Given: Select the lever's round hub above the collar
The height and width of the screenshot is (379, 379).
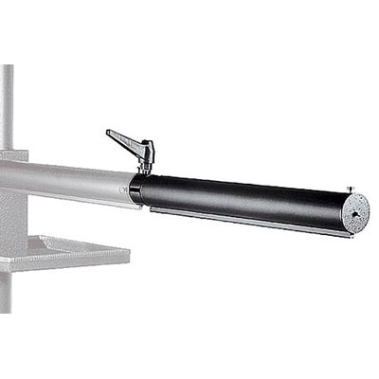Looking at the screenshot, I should [x=144, y=149].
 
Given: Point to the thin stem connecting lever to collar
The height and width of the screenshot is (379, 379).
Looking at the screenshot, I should [x=145, y=163].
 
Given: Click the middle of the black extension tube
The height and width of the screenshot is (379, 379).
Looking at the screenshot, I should [x=246, y=199].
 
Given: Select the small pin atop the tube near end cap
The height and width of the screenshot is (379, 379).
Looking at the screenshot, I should [x=349, y=188].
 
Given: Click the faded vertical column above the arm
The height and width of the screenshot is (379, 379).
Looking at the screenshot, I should [x=8, y=104].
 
